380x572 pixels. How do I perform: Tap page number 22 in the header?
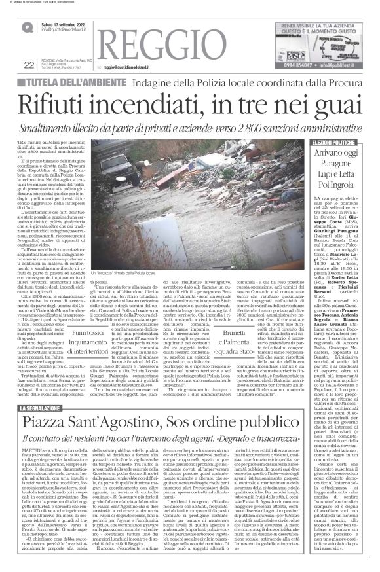pos(28,64)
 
